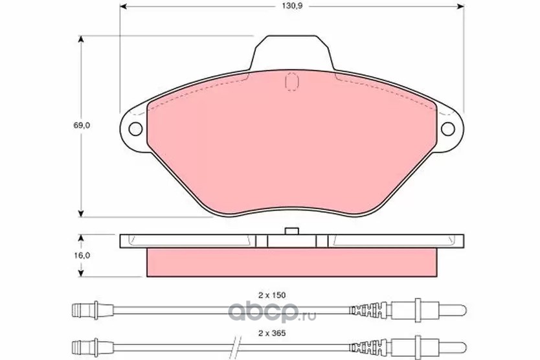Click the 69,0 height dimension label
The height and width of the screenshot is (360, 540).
point(82,126)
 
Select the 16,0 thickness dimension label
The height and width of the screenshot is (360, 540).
point(82,255)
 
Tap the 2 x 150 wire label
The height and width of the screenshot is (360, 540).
point(272,295)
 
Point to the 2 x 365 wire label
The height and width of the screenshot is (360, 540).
point(272,333)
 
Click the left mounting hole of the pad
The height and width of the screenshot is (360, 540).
point(135,129)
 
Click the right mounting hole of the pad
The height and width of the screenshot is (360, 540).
point(447,129)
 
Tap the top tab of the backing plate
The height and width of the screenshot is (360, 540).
point(292,52)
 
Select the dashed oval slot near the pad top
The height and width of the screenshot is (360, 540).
point(292,82)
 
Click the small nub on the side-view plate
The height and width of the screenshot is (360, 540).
point(292,231)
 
